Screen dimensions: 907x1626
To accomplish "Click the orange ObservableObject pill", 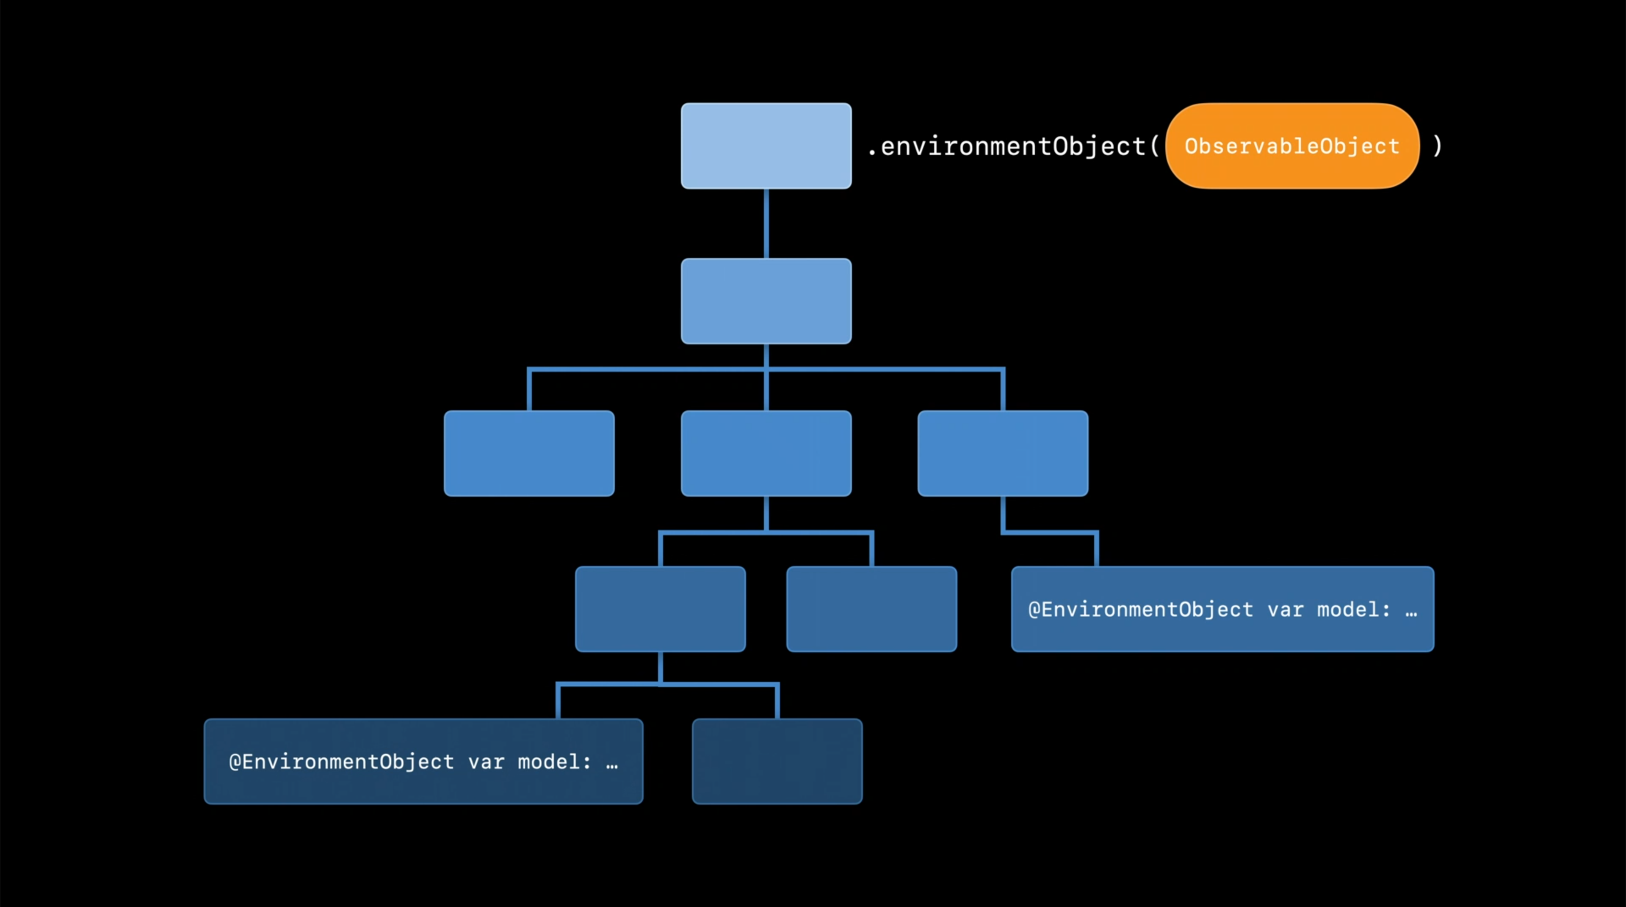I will (x=1291, y=146).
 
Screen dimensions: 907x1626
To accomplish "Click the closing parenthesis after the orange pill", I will (x=1437, y=146).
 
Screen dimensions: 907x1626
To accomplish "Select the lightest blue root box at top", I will (x=766, y=146).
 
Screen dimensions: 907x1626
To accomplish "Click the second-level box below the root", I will (x=766, y=301).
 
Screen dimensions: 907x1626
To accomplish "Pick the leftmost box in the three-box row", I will (x=529, y=453).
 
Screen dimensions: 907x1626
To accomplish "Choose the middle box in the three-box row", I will (x=766, y=453).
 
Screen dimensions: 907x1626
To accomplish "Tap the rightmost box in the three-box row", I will (x=1002, y=453).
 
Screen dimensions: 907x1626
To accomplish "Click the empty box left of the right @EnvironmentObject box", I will (x=871, y=609).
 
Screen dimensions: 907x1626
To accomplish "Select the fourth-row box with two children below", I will (x=660, y=609).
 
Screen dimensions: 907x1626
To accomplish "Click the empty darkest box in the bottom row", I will (x=777, y=761).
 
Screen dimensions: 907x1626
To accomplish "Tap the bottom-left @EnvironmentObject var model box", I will (x=423, y=761).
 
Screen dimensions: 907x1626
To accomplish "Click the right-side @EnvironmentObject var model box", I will (x=1222, y=609).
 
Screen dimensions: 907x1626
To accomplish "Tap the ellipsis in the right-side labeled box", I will (x=1411, y=612).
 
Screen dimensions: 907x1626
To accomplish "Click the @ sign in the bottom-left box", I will (x=235, y=762).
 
